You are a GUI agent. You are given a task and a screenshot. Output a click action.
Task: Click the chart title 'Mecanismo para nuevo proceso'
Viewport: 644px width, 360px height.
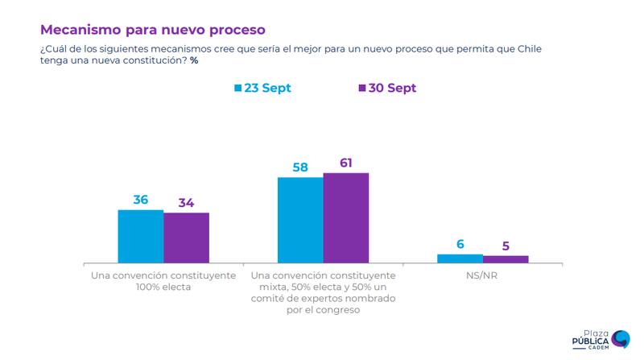[x=152, y=29]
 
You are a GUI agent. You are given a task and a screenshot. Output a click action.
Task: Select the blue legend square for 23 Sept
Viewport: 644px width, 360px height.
[x=237, y=88]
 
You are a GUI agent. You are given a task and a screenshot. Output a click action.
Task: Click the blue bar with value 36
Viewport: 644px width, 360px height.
[x=141, y=236]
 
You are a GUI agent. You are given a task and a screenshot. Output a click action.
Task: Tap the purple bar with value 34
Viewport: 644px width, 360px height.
[x=186, y=238]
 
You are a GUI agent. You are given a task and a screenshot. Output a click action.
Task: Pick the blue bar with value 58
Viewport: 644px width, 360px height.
[x=300, y=220]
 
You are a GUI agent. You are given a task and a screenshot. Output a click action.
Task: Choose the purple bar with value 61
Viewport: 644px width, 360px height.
[x=345, y=218]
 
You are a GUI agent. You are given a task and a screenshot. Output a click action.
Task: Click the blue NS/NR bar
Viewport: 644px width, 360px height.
[x=460, y=258]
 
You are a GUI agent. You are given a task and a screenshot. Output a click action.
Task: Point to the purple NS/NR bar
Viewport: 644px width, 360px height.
[x=506, y=259]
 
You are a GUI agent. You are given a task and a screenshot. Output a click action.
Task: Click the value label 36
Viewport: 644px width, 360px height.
[x=141, y=198]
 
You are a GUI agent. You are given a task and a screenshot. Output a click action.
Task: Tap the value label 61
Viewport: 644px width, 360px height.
[x=346, y=162]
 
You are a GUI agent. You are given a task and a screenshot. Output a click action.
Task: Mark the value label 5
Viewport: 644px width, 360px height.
[x=506, y=246]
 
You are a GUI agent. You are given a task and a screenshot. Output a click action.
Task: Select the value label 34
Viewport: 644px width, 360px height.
[x=186, y=202]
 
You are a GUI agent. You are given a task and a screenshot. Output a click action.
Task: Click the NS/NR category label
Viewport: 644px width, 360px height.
[x=482, y=275]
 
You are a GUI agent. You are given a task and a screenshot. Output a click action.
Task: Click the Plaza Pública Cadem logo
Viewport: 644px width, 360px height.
[x=601, y=340]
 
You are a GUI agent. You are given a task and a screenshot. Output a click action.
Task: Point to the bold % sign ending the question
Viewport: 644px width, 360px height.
[x=194, y=60]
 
